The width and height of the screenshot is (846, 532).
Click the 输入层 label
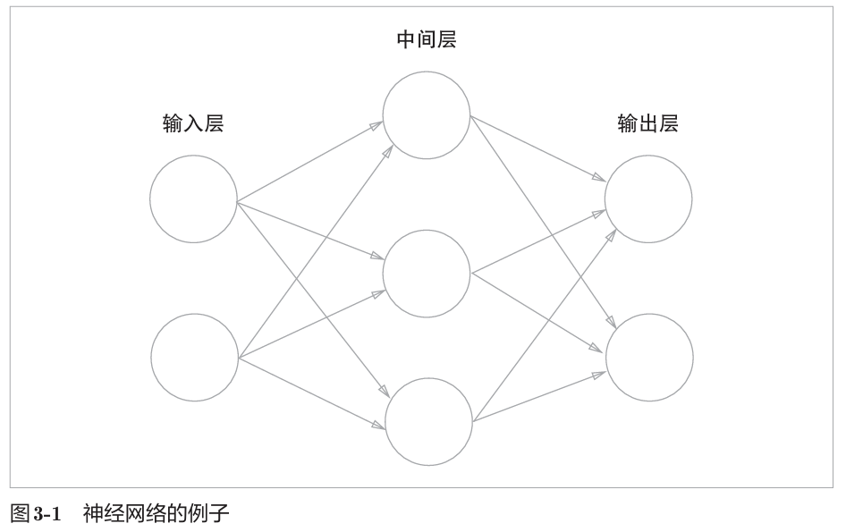[192, 124]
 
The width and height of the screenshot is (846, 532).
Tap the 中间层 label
[426, 40]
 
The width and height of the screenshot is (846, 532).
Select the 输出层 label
[647, 124]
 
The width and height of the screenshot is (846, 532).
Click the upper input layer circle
[193, 198]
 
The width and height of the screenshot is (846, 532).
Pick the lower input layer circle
[194, 357]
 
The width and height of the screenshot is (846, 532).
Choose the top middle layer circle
[427, 114]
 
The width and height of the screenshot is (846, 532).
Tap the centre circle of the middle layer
[427, 272]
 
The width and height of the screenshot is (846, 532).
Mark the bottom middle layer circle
[428, 421]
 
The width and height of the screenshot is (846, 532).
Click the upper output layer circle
[648, 198]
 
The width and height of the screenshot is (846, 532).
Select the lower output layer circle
[649, 357]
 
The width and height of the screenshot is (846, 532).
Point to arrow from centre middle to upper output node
[537, 241]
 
